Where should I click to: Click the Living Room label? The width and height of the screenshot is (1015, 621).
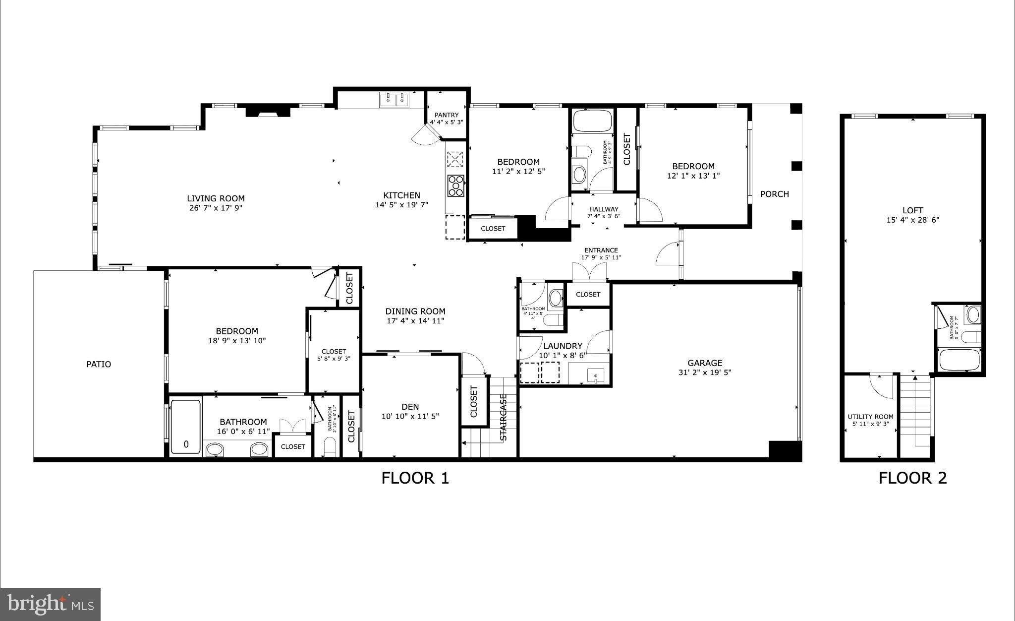[x=216, y=198]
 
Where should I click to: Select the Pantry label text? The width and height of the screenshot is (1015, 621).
[x=447, y=115]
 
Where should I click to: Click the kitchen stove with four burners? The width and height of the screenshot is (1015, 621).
[x=455, y=186]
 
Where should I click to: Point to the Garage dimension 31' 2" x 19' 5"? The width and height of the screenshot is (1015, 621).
[x=705, y=373]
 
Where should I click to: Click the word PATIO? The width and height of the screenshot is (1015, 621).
[x=99, y=365]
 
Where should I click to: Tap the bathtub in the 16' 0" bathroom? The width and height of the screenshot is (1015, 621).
[x=186, y=427]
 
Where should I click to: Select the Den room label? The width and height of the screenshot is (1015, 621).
[x=410, y=407]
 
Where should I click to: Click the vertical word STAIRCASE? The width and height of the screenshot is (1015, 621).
[x=504, y=418]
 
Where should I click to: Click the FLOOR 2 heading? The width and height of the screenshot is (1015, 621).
[x=912, y=478]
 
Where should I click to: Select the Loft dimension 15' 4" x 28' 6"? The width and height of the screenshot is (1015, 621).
[x=912, y=220]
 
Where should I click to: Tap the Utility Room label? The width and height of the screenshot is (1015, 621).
[x=870, y=417]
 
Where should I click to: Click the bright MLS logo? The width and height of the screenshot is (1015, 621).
[x=51, y=604]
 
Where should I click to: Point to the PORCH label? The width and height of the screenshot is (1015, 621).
[x=774, y=194]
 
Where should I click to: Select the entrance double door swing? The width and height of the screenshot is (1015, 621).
[x=589, y=272]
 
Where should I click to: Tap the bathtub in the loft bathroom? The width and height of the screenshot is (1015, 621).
[x=959, y=360]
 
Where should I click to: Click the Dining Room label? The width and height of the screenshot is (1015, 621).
[x=415, y=311]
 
